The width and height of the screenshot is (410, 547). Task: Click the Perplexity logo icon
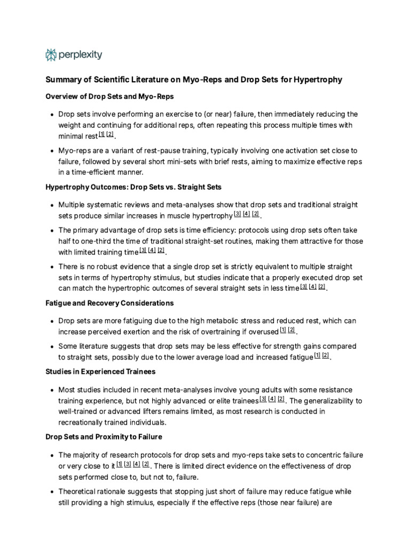[x=51, y=54]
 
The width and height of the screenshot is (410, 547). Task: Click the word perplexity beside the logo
[x=80, y=54]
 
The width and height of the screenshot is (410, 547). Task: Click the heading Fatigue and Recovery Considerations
[x=109, y=303]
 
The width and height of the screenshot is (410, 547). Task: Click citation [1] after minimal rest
[x=101, y=134]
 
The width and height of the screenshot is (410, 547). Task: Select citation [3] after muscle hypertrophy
[x=237, y=214]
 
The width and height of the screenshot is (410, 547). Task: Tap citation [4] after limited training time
[x=152, y=251]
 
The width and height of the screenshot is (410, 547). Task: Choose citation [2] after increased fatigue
[x=325, y=355]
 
